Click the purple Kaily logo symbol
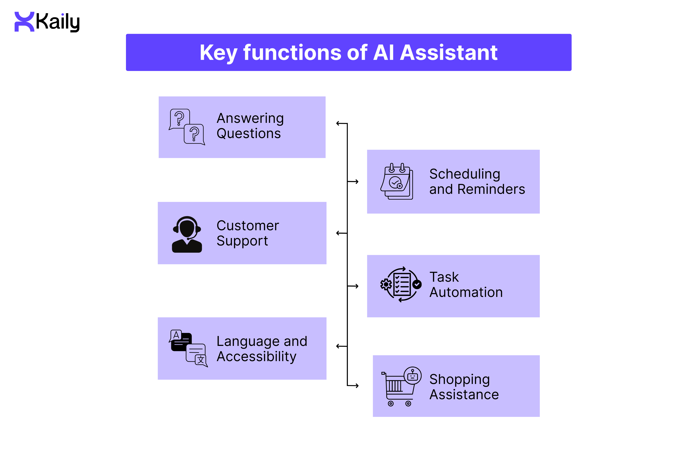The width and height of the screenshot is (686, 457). (x=24, y=22)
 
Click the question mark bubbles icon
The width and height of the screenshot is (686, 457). (x=187, y=127)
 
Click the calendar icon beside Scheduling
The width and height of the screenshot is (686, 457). (x=396, y=181)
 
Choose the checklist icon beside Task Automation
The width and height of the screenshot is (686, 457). (x=401, y=284)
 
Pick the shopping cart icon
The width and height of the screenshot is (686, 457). (x=401, y=386)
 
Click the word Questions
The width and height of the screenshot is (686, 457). (x=249, y=134)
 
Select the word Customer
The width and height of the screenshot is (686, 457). (x=248, y=226)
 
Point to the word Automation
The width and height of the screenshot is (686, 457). (x=466, y=292)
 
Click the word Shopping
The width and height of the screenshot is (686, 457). (x=459, y=379)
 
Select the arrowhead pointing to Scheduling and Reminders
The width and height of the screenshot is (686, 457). (x=357, y=181)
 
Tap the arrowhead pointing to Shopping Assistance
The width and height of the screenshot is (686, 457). (x=357, y=386)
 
